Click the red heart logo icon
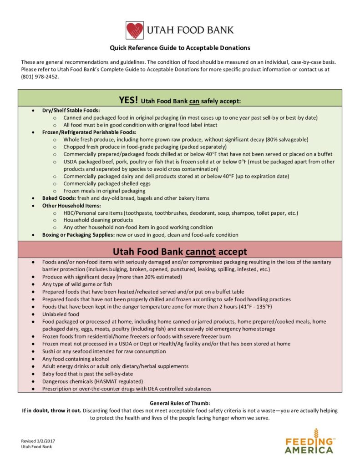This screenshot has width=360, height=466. [135, 30]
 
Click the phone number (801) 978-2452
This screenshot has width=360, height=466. [40, 76]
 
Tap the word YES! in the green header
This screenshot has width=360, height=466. [129, 100]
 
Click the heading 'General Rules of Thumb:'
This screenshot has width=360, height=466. [180, 403]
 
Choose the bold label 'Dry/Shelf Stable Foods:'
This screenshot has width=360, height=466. [71, 111]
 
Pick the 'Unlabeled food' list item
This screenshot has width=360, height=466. [61, 314]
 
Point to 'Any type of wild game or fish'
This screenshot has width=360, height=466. [77, 284]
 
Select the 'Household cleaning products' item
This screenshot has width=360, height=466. [98, 220]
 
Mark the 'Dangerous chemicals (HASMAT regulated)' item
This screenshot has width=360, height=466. [92, 381]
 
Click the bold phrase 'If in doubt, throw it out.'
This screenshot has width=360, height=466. [52, 410]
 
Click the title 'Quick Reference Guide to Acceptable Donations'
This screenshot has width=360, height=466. [180, 48]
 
